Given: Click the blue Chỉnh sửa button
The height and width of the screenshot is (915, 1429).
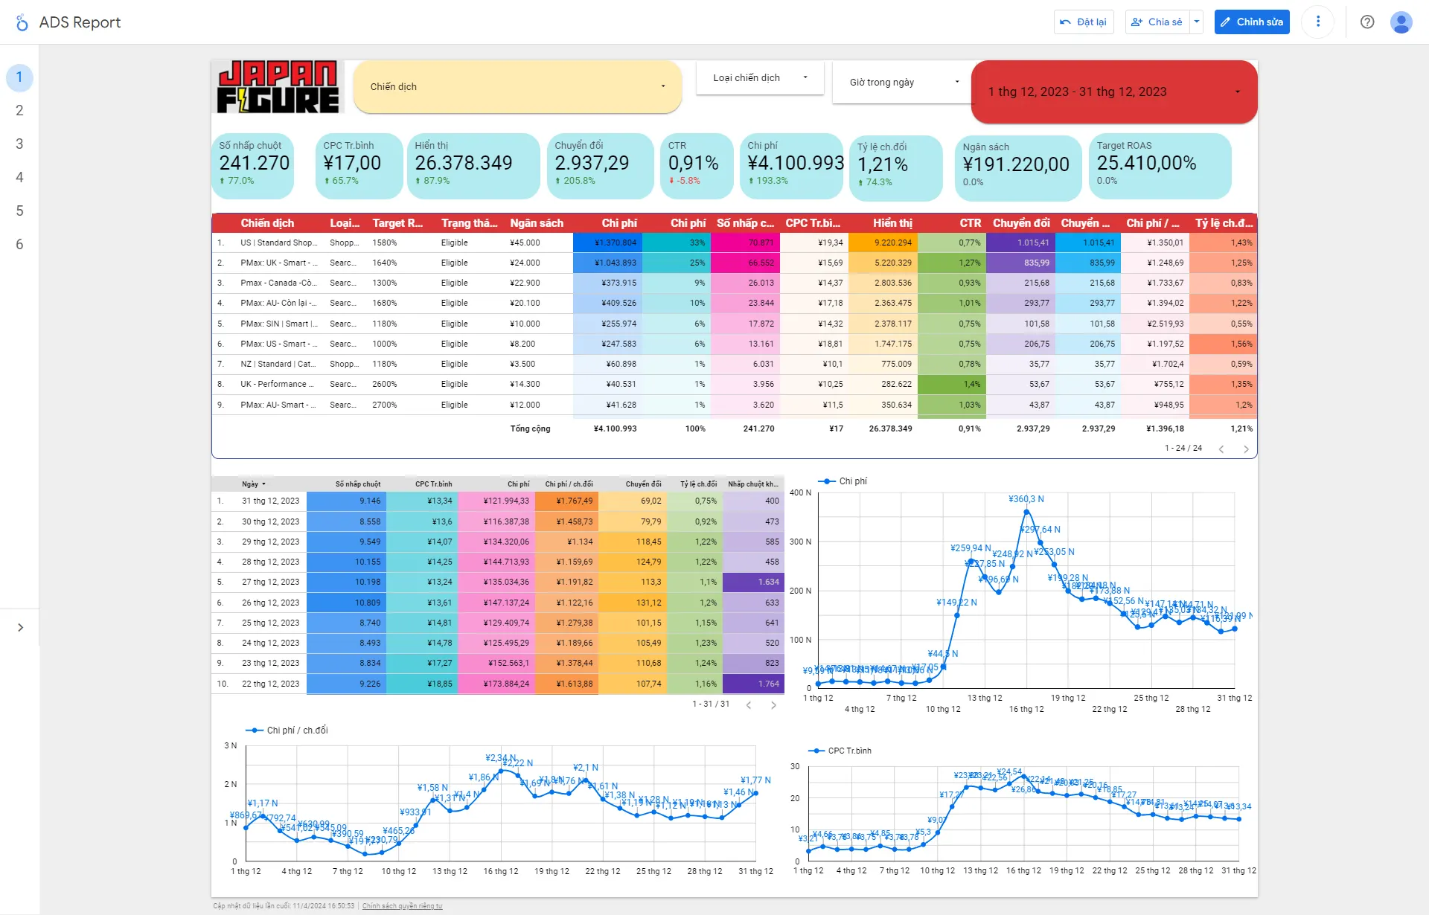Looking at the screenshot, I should (x=1252, y=22).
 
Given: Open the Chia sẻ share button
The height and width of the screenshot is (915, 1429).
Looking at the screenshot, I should (x=1157, y=22).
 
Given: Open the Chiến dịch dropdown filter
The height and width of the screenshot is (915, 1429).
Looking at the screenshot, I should (x=517, y=87).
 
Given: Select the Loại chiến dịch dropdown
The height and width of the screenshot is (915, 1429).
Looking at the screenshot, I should (x=760, y=78).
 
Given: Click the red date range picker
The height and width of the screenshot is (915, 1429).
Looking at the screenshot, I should (x=1113, y=92).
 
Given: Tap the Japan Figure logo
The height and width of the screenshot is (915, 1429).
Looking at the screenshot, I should (x=278, y=87).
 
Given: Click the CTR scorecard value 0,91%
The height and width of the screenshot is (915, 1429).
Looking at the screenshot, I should (x=693, y=163).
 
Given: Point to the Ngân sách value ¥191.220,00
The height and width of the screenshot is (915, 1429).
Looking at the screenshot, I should (x=1016, y=164).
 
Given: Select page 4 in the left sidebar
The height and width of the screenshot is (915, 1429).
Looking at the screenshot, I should (x=19, y=177).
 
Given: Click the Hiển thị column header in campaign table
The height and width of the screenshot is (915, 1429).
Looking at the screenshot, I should (x=892, y=223).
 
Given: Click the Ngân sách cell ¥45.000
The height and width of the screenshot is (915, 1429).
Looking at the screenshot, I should (x=525, y=243).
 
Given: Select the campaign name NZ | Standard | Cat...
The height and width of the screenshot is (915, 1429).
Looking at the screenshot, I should (x=278, y=364).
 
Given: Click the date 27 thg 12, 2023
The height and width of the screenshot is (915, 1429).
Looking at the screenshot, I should (x=270, y=582).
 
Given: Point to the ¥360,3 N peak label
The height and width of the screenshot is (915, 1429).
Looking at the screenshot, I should (x=1026, y=499).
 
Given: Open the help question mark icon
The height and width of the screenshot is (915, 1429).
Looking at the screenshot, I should (x=1367, y=22).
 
